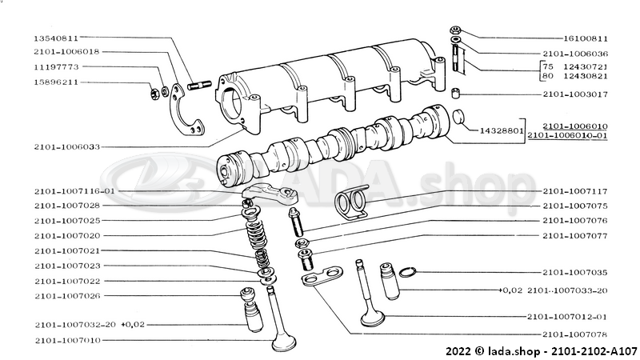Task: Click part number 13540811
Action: pyautogui.click(x=55, y=38)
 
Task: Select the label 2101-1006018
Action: pyautogui.click(x=66, y=52)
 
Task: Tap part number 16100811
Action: pyautogui.click(x=586, y=38)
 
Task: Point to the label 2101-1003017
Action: pyautogui.click(x=575, y=94)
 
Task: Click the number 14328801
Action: pyautogui.click(x=502, y=131)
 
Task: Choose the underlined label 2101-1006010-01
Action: pyautogui.click(x=567, y=135)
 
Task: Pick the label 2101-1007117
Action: pyautogui.click(x=575, y=191)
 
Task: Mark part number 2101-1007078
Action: pyautogui.click(x=575, y=334)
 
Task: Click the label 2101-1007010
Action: pyautogui.click(x=67, y=341)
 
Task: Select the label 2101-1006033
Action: pyautogui.click(x=67, y=147)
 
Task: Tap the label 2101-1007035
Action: pyautogui.click(x=575, y=272)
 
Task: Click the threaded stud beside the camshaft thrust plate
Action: pyautogui.click(x=199, y=86)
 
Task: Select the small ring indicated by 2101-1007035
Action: pyautogui.click(x=407, y=272)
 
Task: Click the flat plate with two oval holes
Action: pyautogui.click(x=322, y=276)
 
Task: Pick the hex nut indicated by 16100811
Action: pyautogui.click(x=455, y=30)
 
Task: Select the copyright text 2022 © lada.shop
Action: pyautogui.click(x=493, y=351)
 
